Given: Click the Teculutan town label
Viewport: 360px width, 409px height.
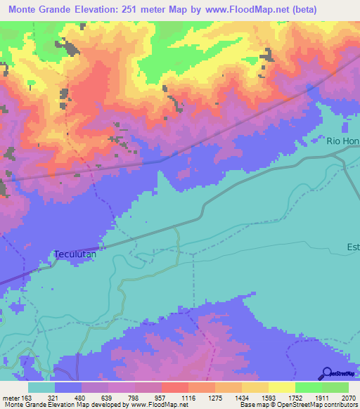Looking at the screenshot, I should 79,254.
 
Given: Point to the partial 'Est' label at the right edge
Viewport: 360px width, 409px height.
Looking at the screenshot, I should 352,247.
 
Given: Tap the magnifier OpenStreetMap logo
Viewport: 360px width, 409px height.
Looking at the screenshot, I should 328,373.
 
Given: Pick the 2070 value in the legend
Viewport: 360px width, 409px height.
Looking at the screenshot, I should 348,397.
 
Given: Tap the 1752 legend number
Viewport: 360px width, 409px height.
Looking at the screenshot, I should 295,397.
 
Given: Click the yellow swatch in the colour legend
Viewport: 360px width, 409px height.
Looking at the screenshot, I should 281,387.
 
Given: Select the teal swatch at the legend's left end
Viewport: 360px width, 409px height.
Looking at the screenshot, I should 41,387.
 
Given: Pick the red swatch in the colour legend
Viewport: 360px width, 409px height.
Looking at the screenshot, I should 174,387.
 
